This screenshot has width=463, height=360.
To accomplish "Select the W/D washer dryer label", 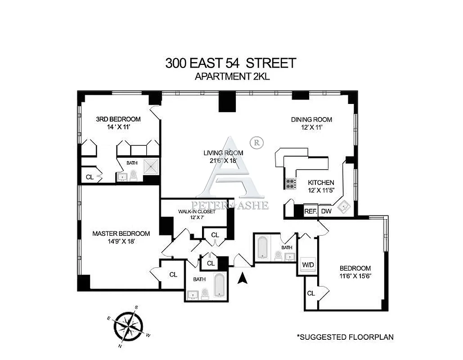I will tap(308, 264).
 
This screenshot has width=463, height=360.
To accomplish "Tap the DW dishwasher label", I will tap(326, 211).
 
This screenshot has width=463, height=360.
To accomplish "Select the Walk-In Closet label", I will tap(196, 211).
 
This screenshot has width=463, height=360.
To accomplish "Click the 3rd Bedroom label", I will tap(118, 119).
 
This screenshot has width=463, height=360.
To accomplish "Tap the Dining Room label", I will tap(311, 119).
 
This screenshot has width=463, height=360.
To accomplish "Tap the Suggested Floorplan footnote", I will tap(345, 337).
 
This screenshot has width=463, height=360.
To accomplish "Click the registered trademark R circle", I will tap(256, 142).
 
